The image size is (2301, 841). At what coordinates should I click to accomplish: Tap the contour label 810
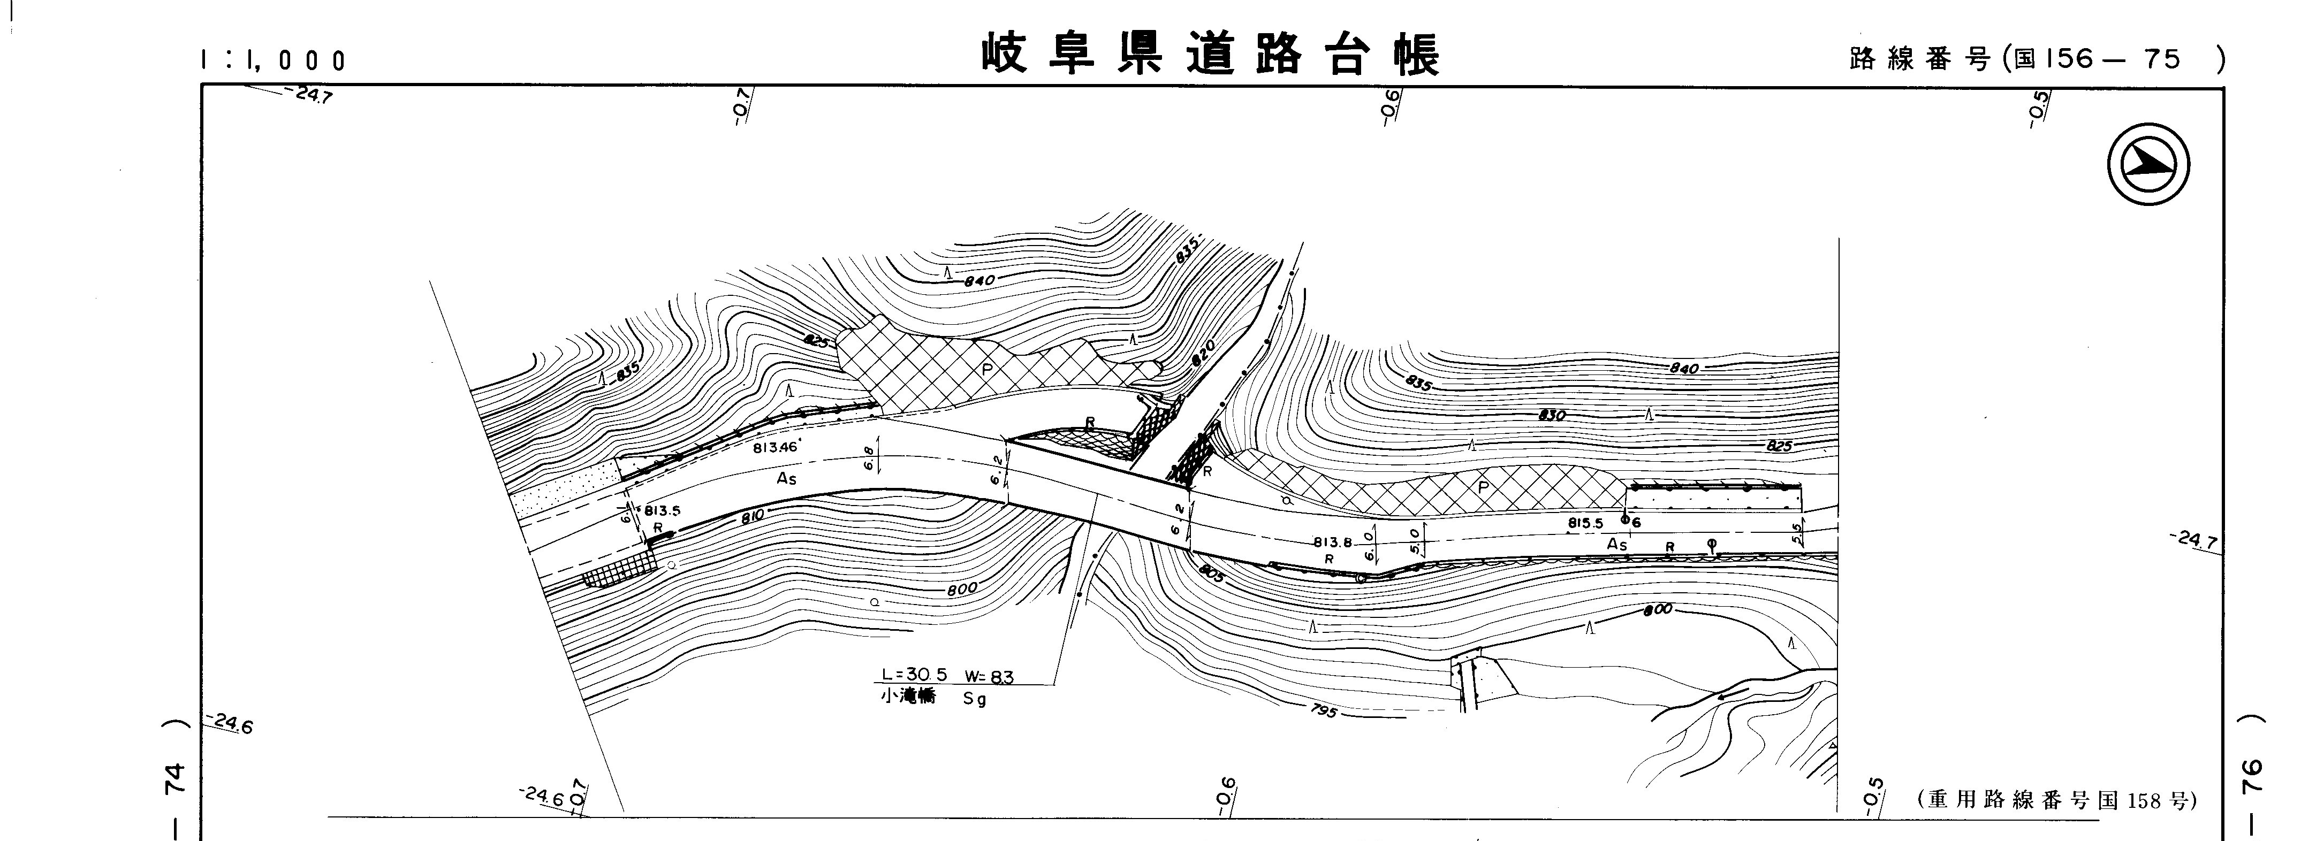pos(752,516)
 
